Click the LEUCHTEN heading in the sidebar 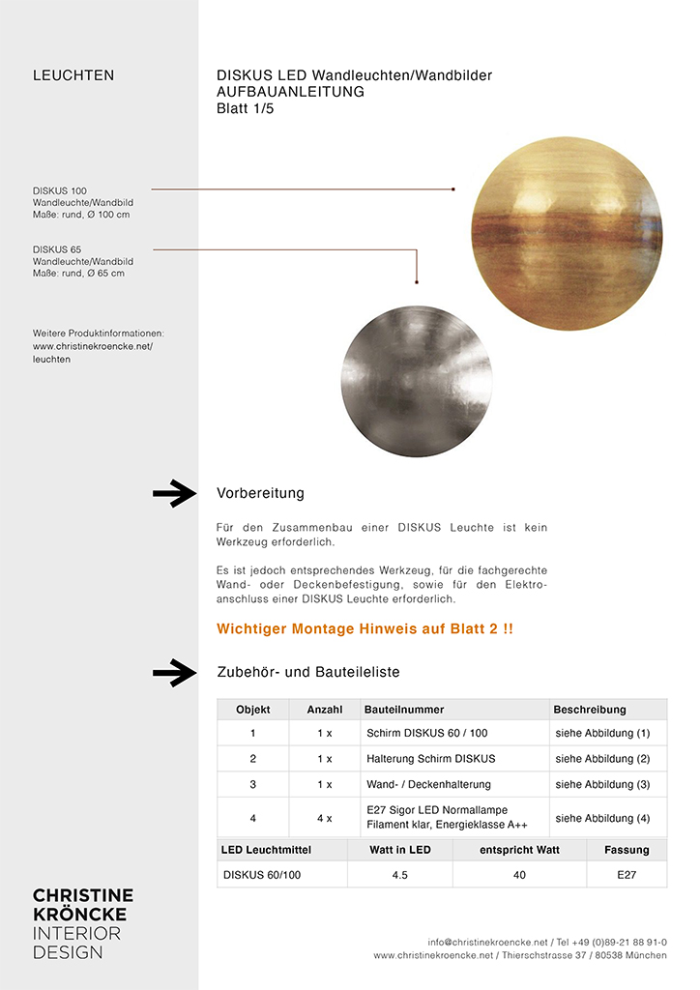pyautogui.click(x=73, y=75)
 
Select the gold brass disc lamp pyautogui.click(x=567, y=233)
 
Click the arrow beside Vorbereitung pyautogui.click(x=174, y=493)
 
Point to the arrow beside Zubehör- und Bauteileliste pyautogui.click(x=174, y=672)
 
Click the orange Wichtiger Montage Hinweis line pyautogui.click(x=365, y=629)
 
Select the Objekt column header pyautogui.click(x=252, y=710)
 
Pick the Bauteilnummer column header pyautogui.click(x=404, y=710)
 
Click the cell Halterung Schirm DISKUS pyautogui.click(x=430, y=759)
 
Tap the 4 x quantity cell pyautogui.click(x=324, y=818)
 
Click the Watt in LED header pyautogui.click(x=399, y=850)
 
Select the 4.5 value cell pyautogui.click(x=399, y=875)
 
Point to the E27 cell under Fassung pyautogui.click(x=627, y=875)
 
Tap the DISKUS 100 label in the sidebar pyautogui.click(x=60, y=190)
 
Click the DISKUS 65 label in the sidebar pyautogui.click(x=57, y=249)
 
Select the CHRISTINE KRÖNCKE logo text pyautogui.click(x=83, y=904)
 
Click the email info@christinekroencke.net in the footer pyautogui.click(x=489, y=942)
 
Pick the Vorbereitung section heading pyautogui.click(x=260, y=493)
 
